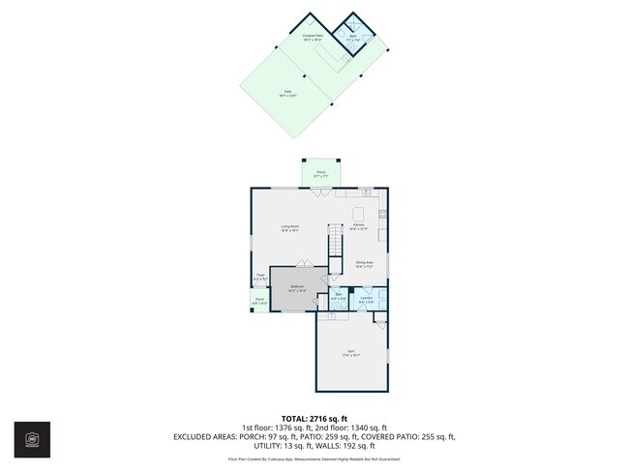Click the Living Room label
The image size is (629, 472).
[289, 228]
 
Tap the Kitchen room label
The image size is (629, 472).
[359, 226]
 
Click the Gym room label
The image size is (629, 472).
[351, 353]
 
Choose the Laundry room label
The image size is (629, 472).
[366, 299]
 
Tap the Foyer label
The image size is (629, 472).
[260, 278]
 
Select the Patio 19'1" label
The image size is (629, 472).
[287, 93]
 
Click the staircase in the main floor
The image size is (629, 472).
[336, 248]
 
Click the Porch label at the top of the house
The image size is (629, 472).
[320, 174]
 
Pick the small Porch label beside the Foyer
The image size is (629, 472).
[260, 301]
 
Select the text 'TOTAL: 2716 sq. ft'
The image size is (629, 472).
[314, 417]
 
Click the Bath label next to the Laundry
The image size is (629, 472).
[339, 299]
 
